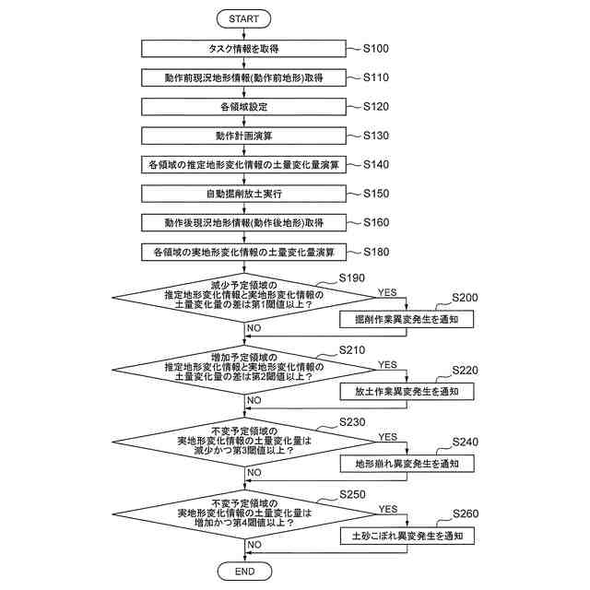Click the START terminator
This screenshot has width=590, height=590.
[244, 18]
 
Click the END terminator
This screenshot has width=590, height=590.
[244, 572]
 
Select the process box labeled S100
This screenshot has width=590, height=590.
[244, 48]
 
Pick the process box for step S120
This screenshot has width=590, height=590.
[244, 107]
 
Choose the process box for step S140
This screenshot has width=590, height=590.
[244, 165]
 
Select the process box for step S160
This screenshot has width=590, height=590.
[244, 223]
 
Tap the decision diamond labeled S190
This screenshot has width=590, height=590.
[244, 295]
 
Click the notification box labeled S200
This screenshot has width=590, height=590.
[407, 320]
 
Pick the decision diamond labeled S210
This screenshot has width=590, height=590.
[244, 367]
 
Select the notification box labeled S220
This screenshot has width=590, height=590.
[407, 392]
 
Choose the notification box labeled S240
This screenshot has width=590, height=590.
[407, 463]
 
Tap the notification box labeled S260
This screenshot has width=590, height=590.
[407, 535]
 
